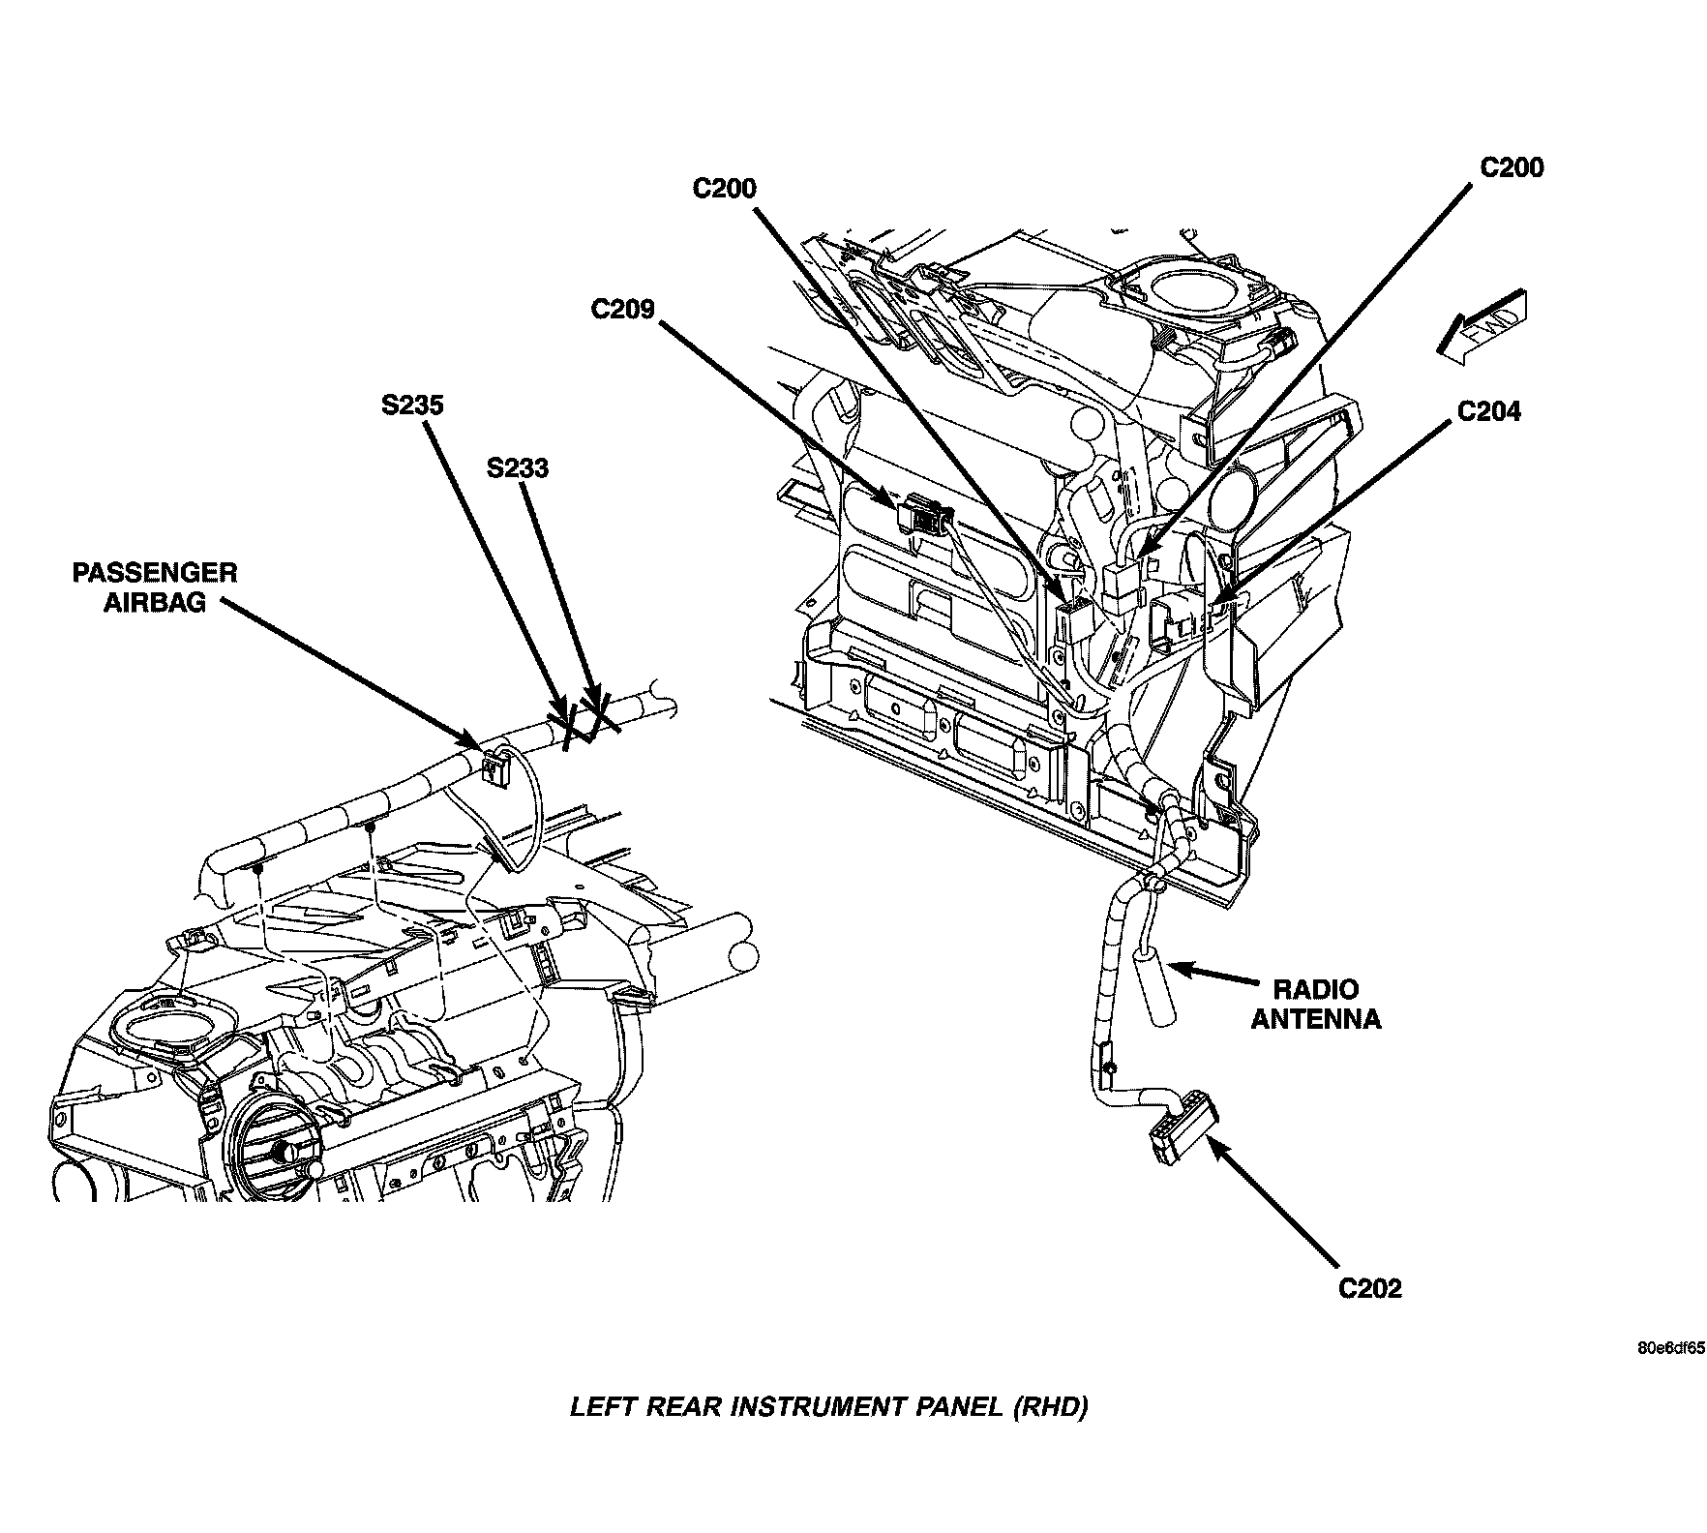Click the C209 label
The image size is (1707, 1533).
(623, 310)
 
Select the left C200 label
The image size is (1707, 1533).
(724, 188)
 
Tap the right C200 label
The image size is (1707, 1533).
(1512, 167)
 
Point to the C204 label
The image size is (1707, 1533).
(1488, 411)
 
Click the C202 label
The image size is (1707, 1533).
(1370, 1289)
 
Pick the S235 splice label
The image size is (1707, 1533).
(412, 405)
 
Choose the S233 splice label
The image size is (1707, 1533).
(517, 468)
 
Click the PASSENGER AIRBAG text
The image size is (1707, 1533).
(155, 586)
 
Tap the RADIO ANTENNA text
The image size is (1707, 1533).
(1315, 1004)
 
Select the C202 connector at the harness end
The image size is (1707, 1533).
(1181, 1130)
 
